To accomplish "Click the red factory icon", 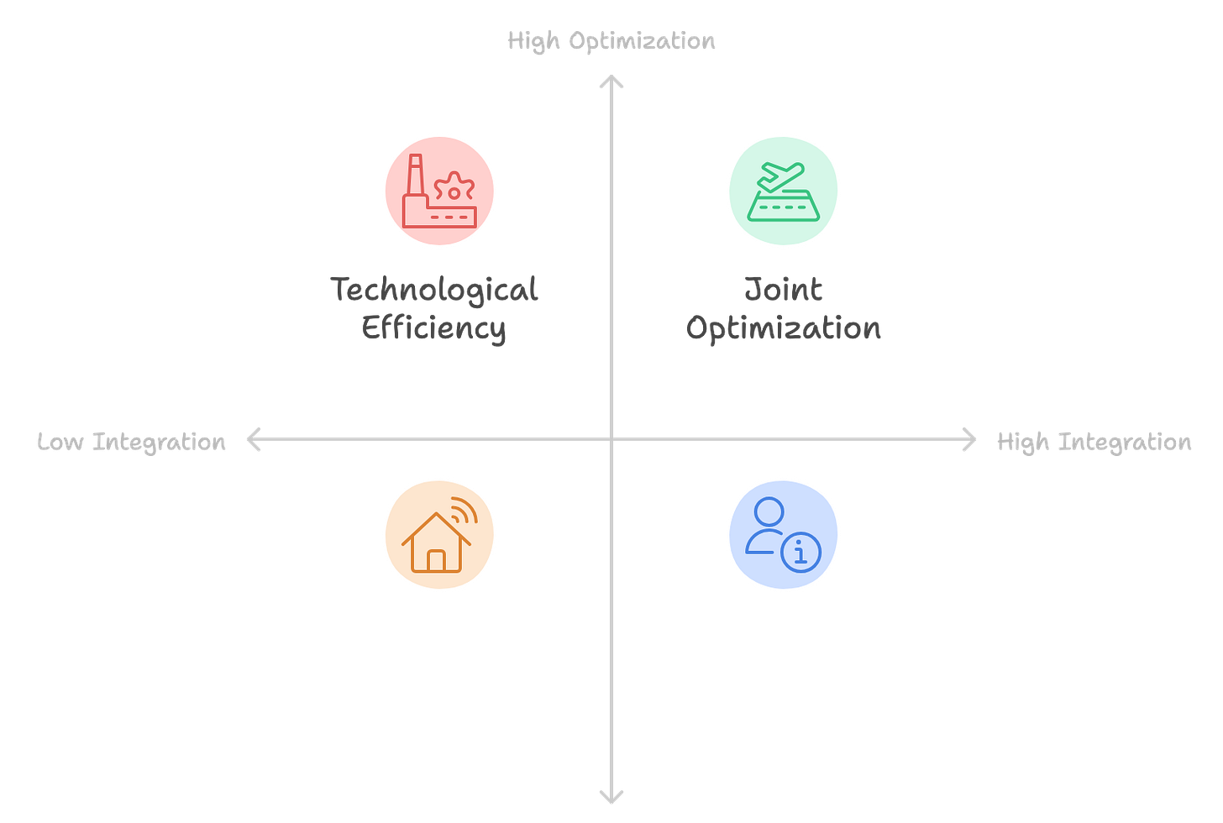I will [439, 191].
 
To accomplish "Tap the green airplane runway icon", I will [782, 191].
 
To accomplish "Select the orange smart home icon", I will [439, 536].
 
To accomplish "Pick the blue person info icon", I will [782, 536].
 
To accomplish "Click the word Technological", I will [433, 290].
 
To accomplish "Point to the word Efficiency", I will [433, 328].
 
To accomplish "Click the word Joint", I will [783, 290].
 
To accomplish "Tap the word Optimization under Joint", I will [784, 328].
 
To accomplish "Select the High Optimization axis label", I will [611, 40].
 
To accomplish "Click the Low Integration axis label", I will [131, 442].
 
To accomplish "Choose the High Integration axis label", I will [1093, 442].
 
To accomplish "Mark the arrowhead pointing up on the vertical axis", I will [611, 81].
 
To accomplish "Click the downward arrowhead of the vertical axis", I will [611, 796].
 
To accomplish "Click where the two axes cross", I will [611, 439].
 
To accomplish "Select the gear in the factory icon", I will [454, 190].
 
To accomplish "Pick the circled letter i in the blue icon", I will [800, 553].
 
